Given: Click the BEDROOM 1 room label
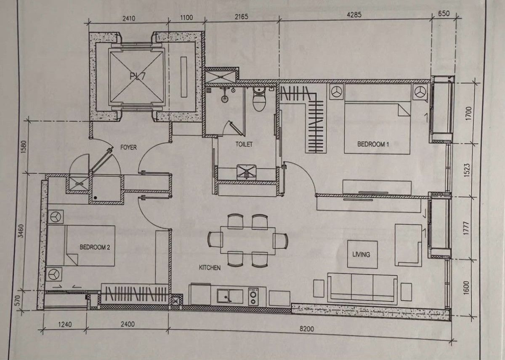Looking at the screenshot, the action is click(373, 144).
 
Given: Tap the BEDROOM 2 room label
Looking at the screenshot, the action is click(95, 247).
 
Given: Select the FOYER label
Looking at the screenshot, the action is click(128, 147).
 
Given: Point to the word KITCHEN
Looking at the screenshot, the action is click(210, 268).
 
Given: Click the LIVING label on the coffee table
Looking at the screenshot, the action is click(361, 254).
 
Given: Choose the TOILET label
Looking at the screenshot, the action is click(244, 144).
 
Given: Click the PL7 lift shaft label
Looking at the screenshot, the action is click(137, 77).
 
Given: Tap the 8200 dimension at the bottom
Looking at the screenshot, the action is click(307, 329).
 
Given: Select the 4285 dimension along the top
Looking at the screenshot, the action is click(354, 15).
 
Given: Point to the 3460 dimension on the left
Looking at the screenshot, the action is click(21, 231).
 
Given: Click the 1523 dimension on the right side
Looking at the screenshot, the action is click(467, 170).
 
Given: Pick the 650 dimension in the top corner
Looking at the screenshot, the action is click(444, 13).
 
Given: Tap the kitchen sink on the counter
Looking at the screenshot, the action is click(230, 296).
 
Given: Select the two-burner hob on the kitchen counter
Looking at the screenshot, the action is click(253, 296).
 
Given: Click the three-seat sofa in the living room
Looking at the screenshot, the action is click(362, 288).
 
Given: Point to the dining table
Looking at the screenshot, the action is click(248, 240).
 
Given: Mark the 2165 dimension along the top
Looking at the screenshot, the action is click(242, 17).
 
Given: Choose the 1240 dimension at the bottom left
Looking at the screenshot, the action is click(65, 324).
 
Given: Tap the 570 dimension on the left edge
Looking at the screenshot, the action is click(18, 301).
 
